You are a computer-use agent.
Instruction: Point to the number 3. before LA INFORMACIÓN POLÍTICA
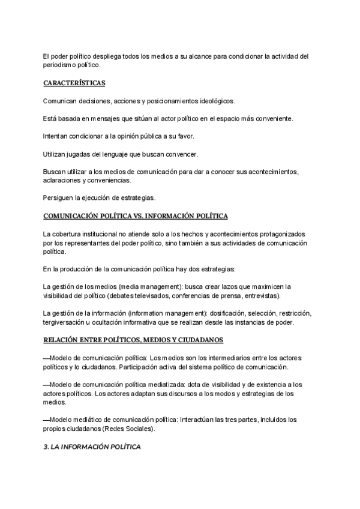[47, 447]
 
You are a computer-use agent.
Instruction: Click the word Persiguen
[59, 197]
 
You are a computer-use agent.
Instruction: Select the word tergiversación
[65, 323]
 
